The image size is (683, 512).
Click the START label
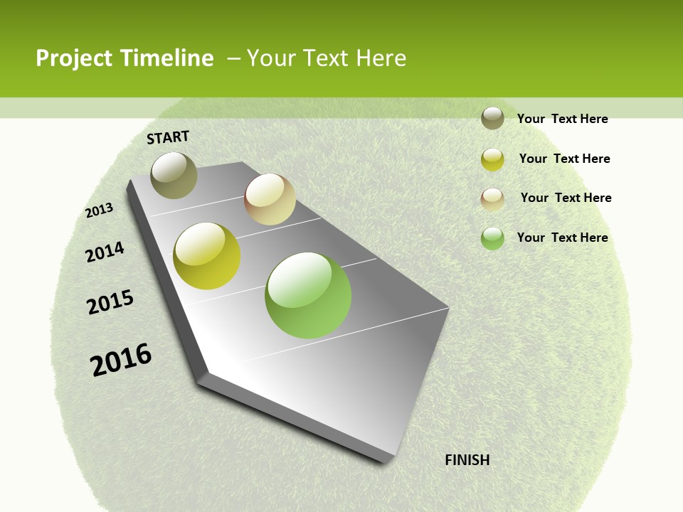click(168, 137)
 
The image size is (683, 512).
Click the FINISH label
click(467, 460)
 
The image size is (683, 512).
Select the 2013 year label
click(100, 210)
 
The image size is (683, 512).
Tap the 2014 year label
click(105, 252)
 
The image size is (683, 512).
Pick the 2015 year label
click(110, 302)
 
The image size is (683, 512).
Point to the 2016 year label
click(121, 360)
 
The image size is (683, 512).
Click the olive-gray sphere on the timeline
click(174, 175)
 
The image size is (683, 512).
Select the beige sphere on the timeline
click(270, 199)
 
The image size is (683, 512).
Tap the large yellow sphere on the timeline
click(207, 256)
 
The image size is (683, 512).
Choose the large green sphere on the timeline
click(308, 295)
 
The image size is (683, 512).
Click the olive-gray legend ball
click(492, 118)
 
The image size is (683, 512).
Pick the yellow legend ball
click(492, 159)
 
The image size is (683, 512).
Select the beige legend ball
click(492, 199)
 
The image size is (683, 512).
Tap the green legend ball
click(492, 238)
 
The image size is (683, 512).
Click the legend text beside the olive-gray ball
click(562, 119)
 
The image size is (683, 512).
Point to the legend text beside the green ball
click(562, 238)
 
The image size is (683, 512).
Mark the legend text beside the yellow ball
click(564, 159)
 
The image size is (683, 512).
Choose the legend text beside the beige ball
click(566, 198)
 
